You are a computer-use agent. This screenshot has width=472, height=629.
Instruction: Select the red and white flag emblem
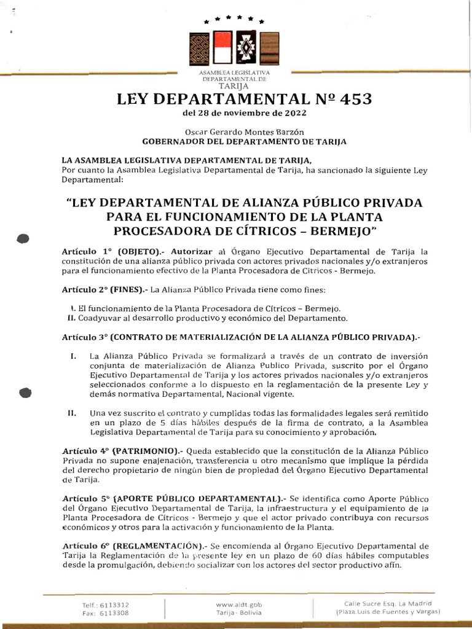click(x=222, y=48)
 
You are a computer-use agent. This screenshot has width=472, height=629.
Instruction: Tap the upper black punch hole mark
click(x=24, y=239)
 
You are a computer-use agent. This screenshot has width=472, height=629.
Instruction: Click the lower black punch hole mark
click(x=26, y=392)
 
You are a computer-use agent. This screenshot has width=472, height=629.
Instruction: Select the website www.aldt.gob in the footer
click(x=238, y=604)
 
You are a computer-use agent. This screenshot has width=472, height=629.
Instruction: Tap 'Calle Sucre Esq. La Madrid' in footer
click(x=388, y=603)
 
